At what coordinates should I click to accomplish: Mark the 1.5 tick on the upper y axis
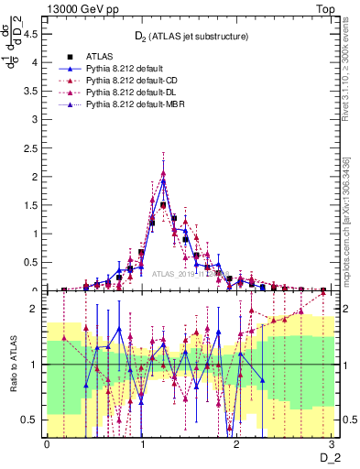(x=34, y=206)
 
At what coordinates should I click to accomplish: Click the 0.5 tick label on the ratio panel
(x=34, y=420)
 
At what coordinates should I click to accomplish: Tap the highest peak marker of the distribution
(x=163, y=173)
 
